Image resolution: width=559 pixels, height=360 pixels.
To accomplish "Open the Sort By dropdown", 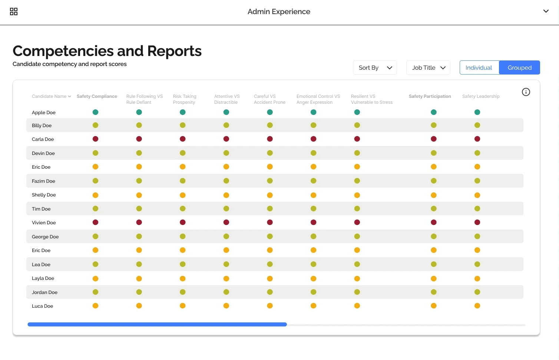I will point(375,68).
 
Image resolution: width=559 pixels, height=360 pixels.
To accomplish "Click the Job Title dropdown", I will point(428,68).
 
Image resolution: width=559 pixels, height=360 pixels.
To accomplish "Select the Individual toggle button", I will point(479,68).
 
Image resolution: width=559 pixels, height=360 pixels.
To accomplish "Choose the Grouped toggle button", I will point(519,68).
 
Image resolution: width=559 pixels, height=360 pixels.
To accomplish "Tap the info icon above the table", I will point(526,92).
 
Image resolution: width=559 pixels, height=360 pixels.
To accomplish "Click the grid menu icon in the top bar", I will point(14,12).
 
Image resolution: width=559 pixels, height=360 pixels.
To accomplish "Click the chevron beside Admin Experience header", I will point(546,11).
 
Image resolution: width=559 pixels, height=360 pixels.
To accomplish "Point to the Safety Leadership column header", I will point(480,96).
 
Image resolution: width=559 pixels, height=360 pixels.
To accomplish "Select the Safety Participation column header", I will point(430,96).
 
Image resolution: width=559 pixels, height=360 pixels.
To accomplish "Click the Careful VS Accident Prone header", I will point(269,99).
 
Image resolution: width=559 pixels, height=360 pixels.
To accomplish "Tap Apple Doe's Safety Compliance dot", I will point(96,112).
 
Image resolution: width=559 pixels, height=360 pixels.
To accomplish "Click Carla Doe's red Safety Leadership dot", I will point(477,139).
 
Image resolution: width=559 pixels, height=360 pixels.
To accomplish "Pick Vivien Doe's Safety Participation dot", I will point(434,222).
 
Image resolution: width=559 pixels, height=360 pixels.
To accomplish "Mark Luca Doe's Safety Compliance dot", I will point(96,306).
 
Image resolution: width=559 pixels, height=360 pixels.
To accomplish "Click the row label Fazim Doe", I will point(43,181).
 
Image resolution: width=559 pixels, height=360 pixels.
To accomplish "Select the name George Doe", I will point(45,237).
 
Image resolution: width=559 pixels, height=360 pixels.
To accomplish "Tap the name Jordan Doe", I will point(44,293).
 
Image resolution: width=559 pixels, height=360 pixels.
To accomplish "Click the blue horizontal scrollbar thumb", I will point(157,324).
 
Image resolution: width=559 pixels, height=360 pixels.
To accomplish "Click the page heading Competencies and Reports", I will point(107,51).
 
